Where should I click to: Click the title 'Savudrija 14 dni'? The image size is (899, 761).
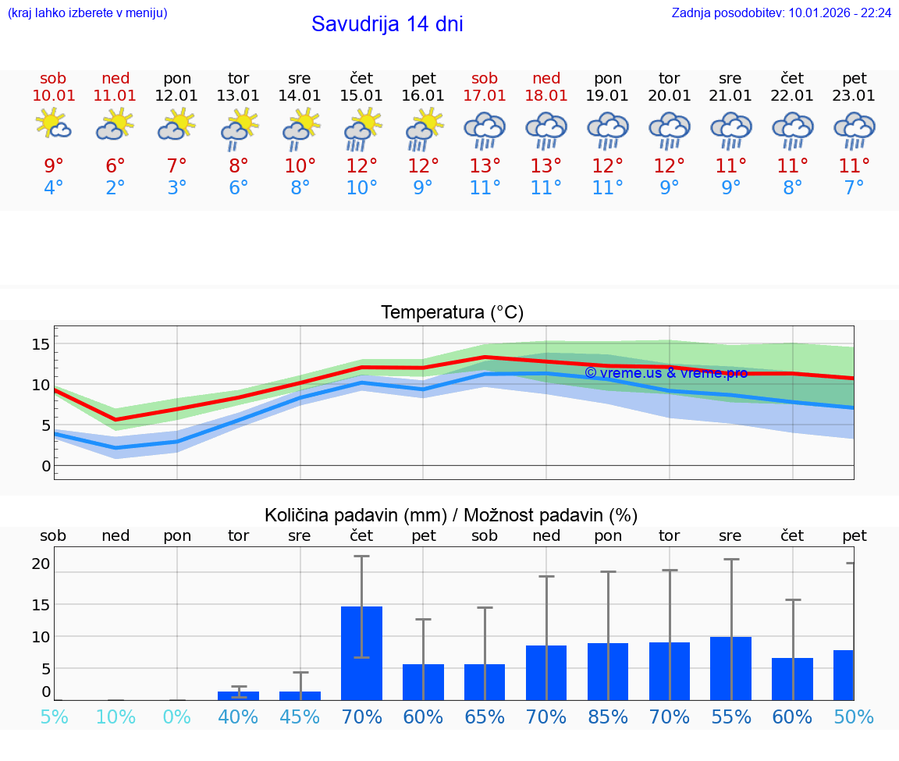pos(387,24)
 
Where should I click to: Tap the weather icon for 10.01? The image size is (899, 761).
pos(53,125)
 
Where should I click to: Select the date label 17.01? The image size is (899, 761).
pos(485,96)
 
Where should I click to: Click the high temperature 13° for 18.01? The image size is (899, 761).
pos(546,166)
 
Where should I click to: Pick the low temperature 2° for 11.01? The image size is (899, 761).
pos(115,188)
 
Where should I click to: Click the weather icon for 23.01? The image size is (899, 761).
pos(855,130)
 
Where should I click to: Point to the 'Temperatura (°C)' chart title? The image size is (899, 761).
pos(452,313)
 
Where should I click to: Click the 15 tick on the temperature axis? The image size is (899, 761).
pos(41,344)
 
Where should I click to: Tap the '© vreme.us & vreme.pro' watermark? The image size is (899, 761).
pos(666,373)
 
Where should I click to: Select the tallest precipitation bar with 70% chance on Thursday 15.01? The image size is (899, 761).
pos(361,653)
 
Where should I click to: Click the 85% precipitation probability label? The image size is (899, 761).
pos(608,717)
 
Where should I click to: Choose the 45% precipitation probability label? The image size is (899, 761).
pos(300,717)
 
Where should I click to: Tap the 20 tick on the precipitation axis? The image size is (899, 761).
pos(41,564)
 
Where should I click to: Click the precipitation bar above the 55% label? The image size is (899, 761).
pos(731,668)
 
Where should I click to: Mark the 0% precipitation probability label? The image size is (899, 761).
pos(177,717)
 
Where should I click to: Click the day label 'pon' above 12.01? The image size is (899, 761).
pos(177,79)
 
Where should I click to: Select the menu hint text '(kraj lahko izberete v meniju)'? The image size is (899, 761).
pos(87,13)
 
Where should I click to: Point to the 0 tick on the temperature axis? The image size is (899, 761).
pos(46,466)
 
